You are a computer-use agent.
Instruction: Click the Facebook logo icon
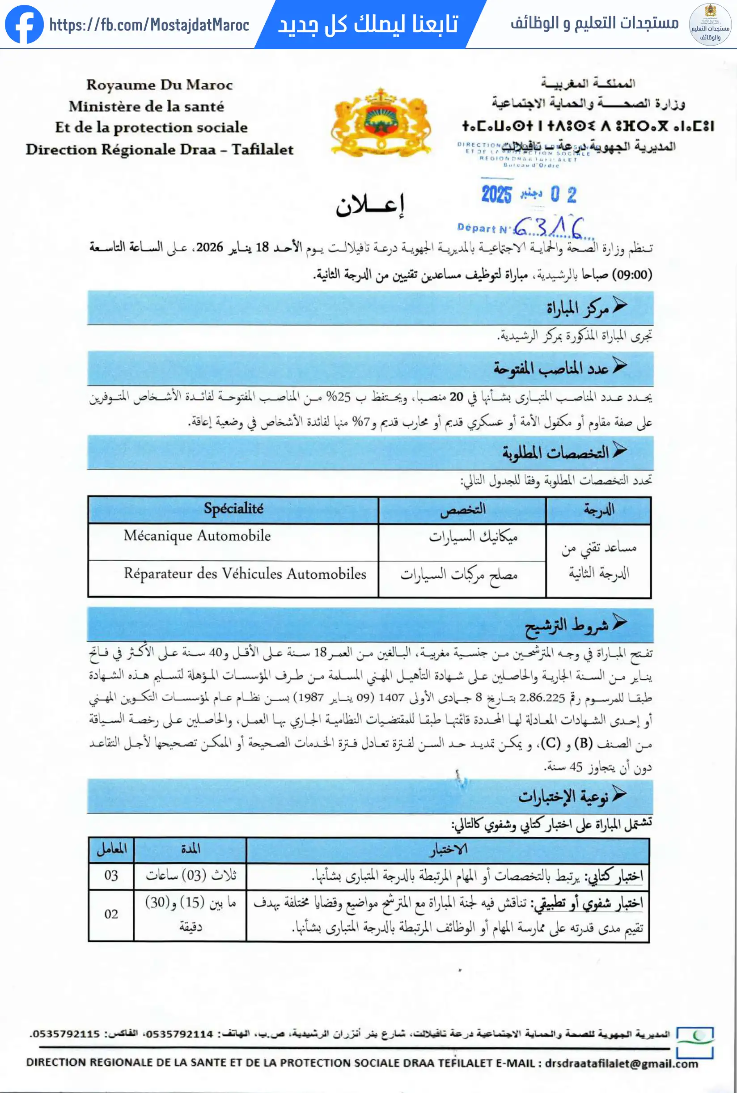24,25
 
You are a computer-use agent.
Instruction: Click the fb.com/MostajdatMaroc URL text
149,25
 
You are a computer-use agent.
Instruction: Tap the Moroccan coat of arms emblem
381,122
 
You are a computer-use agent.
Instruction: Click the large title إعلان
370,205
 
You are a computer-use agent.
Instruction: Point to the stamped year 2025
496,194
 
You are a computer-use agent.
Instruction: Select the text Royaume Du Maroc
159,85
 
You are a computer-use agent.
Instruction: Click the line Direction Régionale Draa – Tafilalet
159,149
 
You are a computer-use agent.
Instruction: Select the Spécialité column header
233,509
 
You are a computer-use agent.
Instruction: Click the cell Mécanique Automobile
197,536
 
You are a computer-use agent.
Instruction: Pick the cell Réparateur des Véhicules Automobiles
245,574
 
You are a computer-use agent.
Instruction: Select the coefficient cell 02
111,914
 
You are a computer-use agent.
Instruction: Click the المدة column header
191,849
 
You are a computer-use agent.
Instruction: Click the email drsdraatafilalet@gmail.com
621,1063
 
